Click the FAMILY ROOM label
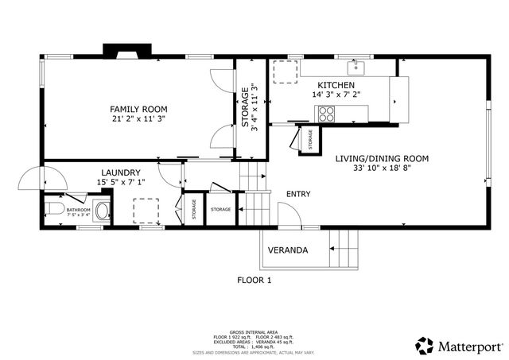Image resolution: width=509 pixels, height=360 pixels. coord(138,109)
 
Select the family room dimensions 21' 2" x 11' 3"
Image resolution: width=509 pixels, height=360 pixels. coord(138,120)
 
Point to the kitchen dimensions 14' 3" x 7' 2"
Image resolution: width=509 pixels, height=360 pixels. coord(336,95)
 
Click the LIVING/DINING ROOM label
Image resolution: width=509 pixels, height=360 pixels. coord(381,158)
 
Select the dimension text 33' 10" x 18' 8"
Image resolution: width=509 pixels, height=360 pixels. coord(381,168)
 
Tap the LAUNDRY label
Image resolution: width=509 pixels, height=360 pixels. coord(121,172)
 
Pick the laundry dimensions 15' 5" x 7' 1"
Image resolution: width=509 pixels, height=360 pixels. coord(121,183)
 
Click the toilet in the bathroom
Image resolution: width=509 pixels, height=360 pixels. coord(53,211)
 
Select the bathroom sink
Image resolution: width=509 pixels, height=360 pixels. coord(102,211)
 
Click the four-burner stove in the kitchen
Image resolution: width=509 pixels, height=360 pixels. coord(326,114)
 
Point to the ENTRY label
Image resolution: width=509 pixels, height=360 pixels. coord(298,194)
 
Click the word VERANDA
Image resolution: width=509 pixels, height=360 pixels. coord(287,250)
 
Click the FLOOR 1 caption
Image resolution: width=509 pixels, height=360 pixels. coord(254,280)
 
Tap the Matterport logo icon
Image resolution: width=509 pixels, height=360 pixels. coord(425,345)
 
